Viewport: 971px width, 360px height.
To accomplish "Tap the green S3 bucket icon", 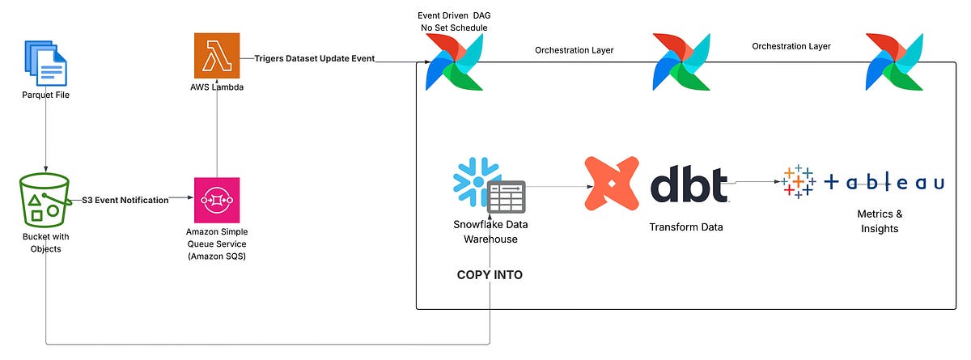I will click(x=46, y=202).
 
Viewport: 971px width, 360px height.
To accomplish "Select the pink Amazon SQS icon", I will click(x=217, y=200).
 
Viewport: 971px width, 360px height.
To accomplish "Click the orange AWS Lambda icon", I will click(x=217, y=57).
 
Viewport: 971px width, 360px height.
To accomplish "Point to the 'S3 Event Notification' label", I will click(x=125, y=200).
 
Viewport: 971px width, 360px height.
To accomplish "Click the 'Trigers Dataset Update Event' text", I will click(x=315, y=59).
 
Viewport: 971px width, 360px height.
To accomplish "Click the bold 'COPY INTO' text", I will click(x=490, y=275).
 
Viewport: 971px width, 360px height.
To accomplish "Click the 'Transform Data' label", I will click(x=686, y=227).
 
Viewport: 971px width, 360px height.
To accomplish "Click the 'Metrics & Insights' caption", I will click(x=879, y=221).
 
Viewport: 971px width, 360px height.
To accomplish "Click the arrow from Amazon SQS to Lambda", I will click(x=217, y=138).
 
